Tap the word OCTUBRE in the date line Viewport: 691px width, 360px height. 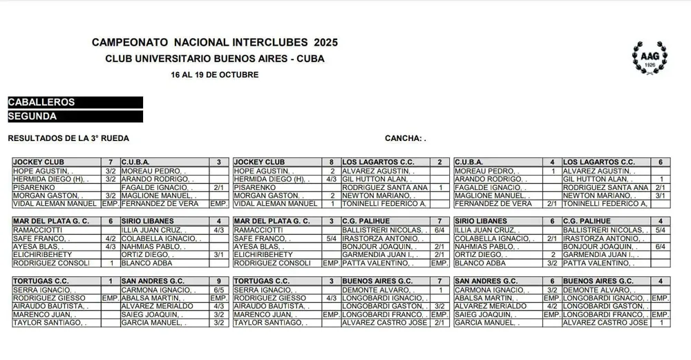click(238, 75)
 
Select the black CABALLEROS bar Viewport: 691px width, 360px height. click(75, 102)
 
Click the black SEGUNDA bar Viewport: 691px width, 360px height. click(75, 117)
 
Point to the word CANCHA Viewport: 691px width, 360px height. click(402, 138)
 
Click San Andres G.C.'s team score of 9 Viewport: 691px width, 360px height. click(218, 281)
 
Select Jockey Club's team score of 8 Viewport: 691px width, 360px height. click(332, 162)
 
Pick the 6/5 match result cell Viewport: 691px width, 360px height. click(218, 290)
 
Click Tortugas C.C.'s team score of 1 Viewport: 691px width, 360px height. click(111, 281)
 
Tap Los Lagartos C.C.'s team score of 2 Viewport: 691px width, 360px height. click(440, 162)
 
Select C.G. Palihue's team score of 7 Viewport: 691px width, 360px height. click(440, 221)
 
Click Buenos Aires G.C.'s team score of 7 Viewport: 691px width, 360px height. click(440, 281)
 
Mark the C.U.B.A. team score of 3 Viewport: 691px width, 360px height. click(218, 162)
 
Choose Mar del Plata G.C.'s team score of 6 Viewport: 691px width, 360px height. click(111, 221)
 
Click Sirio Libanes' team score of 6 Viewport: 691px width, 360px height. click(552, 221)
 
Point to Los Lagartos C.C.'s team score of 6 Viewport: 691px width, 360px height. click(661, 162)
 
